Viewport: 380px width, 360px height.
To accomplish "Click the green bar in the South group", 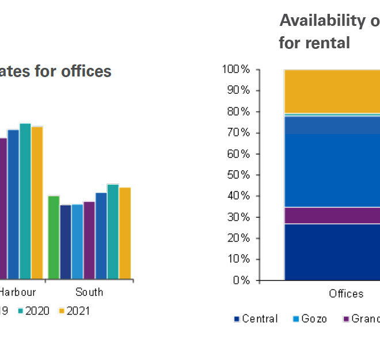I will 54,237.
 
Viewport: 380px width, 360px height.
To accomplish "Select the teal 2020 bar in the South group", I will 113,231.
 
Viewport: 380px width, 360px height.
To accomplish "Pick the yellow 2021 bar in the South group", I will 125,233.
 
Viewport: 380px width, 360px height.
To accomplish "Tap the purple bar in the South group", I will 89,240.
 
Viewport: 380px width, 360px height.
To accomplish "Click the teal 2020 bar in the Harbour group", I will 25,201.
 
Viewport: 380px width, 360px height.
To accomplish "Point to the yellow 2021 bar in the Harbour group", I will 37,202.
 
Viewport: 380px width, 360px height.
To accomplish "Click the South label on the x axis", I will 89,292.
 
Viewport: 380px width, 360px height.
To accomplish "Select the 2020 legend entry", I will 33,311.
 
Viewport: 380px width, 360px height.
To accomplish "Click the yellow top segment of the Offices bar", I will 332,91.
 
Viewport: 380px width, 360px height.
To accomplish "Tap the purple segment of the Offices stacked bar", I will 332,215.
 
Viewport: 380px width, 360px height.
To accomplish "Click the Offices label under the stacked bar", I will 346,294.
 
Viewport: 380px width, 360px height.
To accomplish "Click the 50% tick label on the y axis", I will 237,175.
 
